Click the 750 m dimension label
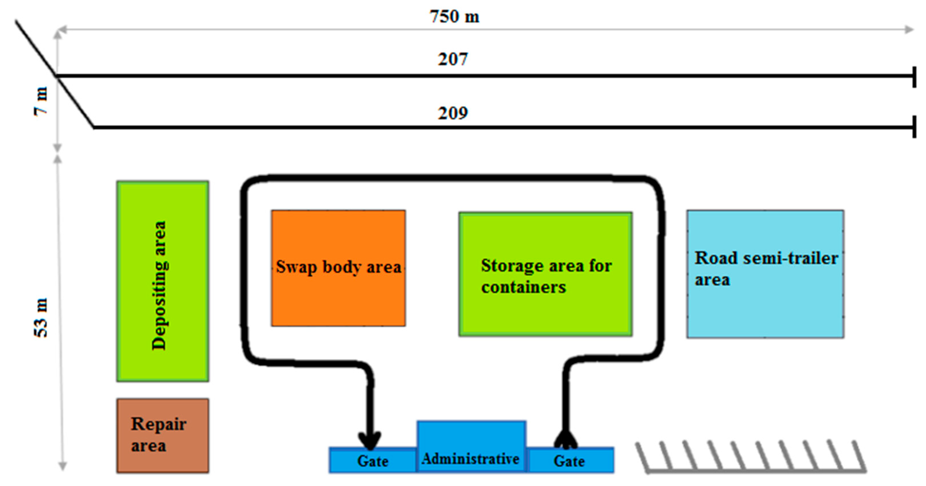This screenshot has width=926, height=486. click(454, 17)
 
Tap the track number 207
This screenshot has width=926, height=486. click(453, 59)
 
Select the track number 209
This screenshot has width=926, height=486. click(453, 113)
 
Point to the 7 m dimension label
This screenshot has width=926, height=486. click(41, 101)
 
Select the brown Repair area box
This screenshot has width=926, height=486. click(162, 435)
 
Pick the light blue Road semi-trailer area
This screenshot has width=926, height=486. click(765, 305)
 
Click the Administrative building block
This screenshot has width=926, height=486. click(471, 445)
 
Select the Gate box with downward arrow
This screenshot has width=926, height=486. click(373, 461)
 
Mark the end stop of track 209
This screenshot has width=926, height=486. click(914, 127)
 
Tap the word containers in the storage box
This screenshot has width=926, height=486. click(523, 287)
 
